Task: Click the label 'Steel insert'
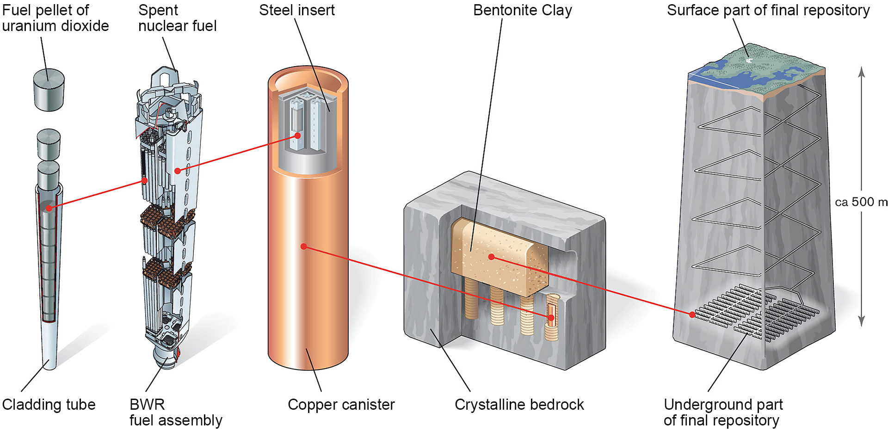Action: click(296, 10)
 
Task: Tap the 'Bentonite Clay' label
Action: click(522, 10)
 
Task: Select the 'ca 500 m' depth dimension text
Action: click(861, 202)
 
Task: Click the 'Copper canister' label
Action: click(341, 405)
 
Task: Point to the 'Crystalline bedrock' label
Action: click(519, 405)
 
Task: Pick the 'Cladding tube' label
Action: click(49, 405)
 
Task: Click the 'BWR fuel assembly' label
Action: click(176, 412)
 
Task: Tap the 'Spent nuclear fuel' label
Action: click(177, 18)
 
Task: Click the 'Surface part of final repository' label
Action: click(768, 10)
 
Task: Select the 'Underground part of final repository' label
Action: click(723, 412)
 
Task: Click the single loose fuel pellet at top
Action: click(49, 90)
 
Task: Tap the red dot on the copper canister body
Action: click(304, 246)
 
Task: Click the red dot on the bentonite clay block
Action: click(491, 257)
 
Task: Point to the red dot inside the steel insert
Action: click(298, 135)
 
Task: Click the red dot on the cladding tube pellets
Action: click(49, 208)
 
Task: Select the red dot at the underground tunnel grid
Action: click(692, 314)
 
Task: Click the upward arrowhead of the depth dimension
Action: click(861, 72)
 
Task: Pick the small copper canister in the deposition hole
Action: click(551, 314)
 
